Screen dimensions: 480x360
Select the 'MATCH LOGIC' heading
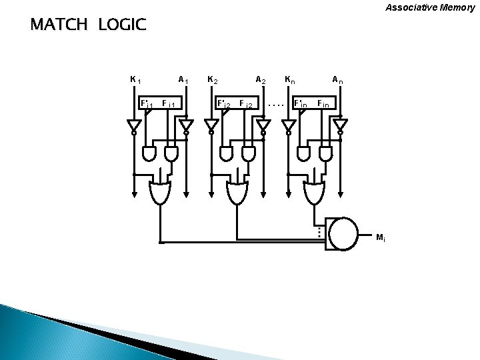coord(87,26)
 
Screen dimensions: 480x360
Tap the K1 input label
coord(134,80)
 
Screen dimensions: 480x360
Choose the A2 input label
coord(261,80)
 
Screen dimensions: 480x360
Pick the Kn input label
coord(289,80)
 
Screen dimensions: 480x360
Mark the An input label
coord(338,80)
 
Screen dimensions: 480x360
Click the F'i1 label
coord(146,104)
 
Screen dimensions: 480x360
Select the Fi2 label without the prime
coord(245,104)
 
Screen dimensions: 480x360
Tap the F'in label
coord(301,104)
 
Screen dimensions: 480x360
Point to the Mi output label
coord(379,237)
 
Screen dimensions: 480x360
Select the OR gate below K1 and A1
coord(159,193)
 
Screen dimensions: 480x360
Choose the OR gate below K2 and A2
coord(237,193)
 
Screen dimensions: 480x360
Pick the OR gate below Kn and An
coord(315,193)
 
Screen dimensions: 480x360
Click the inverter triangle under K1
coord(134,125)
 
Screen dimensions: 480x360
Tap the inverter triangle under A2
coord(264,125)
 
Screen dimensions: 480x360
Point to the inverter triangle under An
coord(341,125)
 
